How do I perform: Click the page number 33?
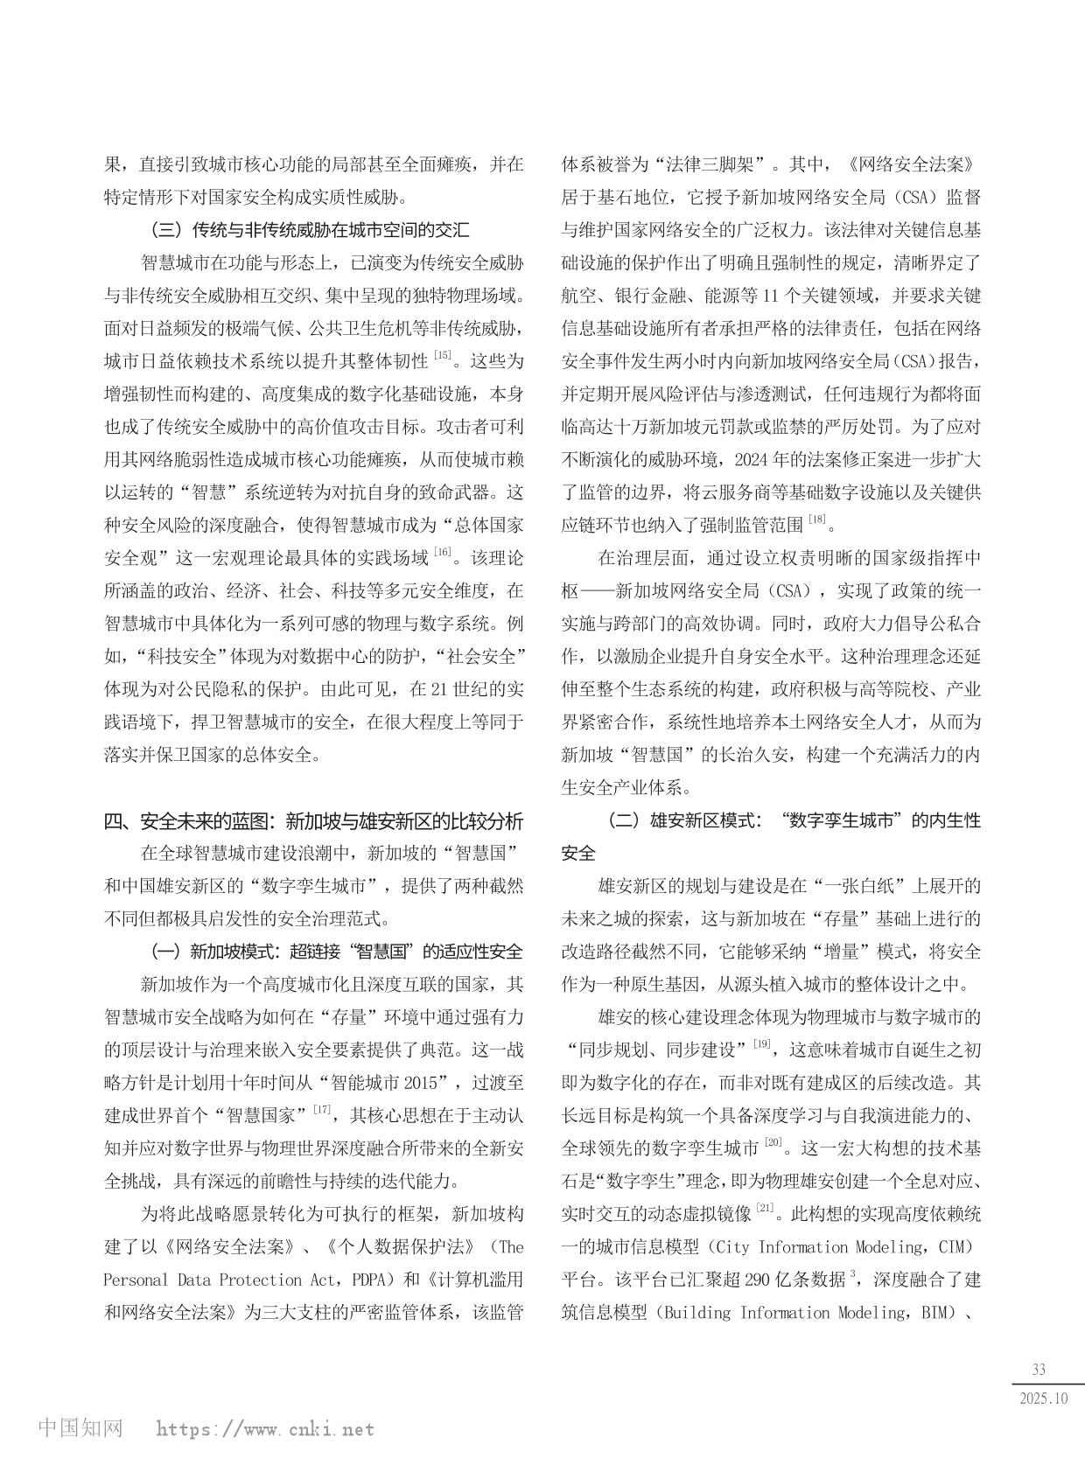coord(1039,1370)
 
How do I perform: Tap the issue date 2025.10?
coord(1044,1398)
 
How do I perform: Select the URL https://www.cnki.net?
coord(265,1430)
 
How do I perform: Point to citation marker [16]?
coord(443,552)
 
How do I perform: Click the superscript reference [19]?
coord(762,1043)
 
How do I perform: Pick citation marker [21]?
coord(764,1208)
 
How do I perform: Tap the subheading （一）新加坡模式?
coord(337,952)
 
